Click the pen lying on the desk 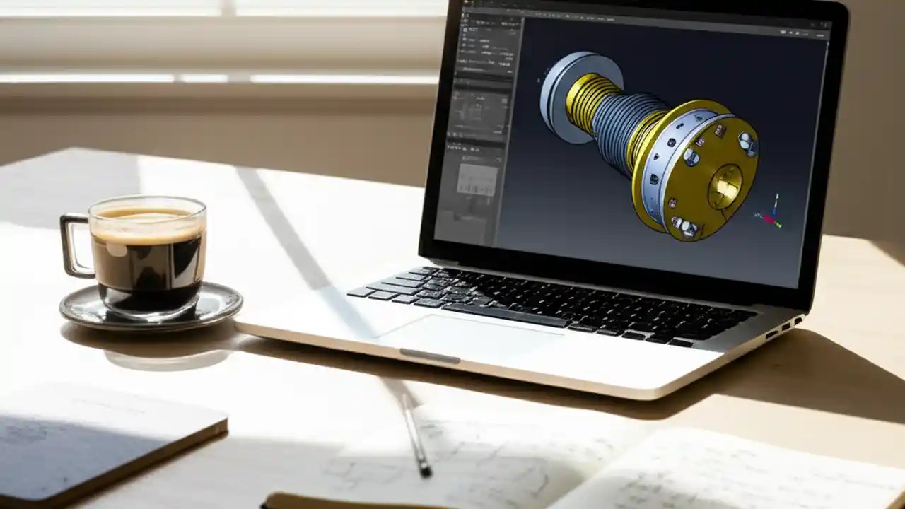tap(416, 435)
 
